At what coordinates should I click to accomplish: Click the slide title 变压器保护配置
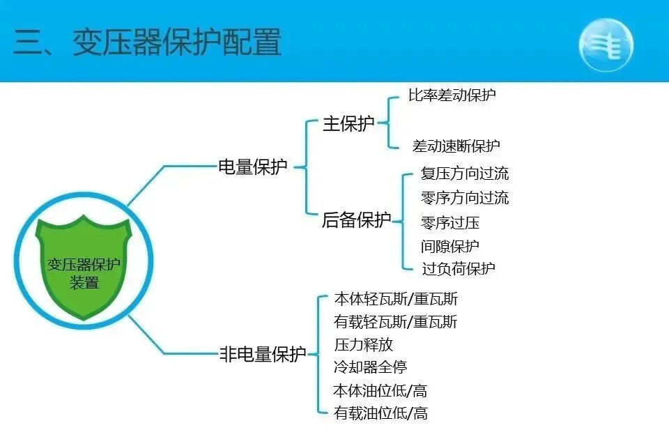pyautogui.click(x=147, y=43)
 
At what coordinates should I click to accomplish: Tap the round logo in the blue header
pyautogui.click(x=606, y=43)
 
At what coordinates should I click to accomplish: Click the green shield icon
pyautogui.click(x=84, y=268)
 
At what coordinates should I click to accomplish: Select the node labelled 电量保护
pyautogui.click(x=253, y=167)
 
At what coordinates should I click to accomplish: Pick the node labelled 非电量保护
pyautogui.click(x=263, y=354)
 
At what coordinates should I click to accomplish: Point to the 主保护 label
pyautogui.click(x=348, y=124)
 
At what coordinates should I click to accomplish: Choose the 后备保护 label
pyautogui.click(x=356, y=221)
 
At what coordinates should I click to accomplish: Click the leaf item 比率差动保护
pyautogui.click(x=452, y=95)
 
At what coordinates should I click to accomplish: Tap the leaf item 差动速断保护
pyautogui.click(x=456, y=146)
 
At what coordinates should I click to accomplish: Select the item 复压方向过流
pyautogui.click(x=465, y=174)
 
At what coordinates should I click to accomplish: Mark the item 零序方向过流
pyautogui.click(x=465, y=198)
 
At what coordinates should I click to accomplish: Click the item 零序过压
pyautogui.click(x=450, y=223)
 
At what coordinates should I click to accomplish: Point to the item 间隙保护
pyautogui.click(x=450, y=246)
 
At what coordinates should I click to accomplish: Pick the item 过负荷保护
pyautogui.click(x=458, y=268)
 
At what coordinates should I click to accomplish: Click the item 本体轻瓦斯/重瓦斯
pyautogui.click(x=396, y=299)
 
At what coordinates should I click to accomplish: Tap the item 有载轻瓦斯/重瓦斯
pyautogui.click(x=396, y=322)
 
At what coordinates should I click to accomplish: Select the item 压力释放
pyautogui.click(x=364, y=344)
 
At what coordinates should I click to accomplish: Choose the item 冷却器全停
pyautogui.click(x=371, y=367)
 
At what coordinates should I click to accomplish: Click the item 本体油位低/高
pyautogui.click(x=380, y=390)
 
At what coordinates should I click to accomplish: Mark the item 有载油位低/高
pyautogui.click(x=380, y=413)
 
